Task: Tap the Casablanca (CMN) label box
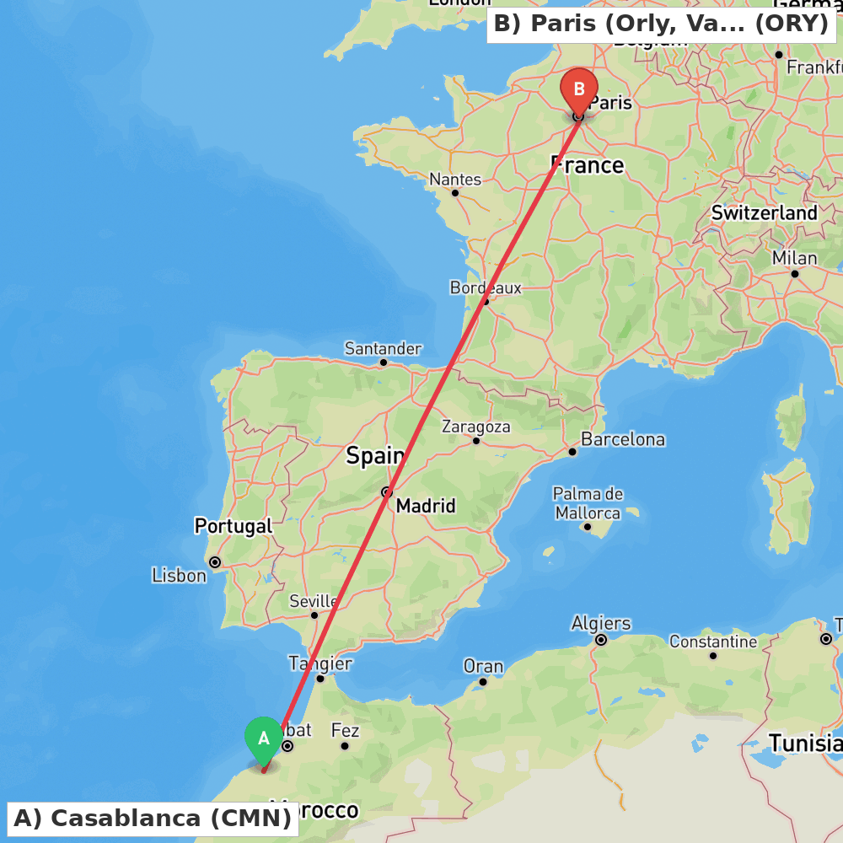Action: [x=153, y=818]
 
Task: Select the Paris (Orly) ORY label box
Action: [x=661, y=24]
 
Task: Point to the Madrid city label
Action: [x=426, y=506]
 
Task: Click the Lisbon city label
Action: [x=179, y=576]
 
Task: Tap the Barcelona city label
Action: [x=623, y=439]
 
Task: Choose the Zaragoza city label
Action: [x=476, y=427]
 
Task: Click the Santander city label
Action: [x=383, y=349]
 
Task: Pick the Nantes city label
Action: [x=455, y=180]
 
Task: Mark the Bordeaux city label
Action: [x=486, y=288]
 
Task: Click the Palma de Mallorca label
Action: [x=588, y=503]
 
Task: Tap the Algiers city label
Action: [x=601, y=624]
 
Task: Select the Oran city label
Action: [x=483, y=667]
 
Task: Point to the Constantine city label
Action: [x=713, y=642]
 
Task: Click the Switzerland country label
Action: [x=765, y=213]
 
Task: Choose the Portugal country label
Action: [x=234, y=527]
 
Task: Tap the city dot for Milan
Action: [x=794, y=273]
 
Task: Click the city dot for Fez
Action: [x=345, y=746]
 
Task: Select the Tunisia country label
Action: [x=805, y=744]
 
